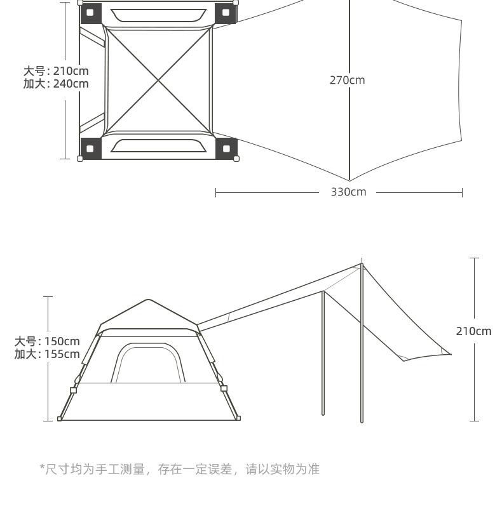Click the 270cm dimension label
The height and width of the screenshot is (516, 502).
click(347, 80)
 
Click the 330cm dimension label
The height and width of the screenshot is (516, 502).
click(348, 192)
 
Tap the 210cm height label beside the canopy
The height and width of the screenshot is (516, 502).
click(473, 331)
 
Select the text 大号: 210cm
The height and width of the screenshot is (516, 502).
click(56, 71)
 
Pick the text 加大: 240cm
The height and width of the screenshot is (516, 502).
click(56, 84)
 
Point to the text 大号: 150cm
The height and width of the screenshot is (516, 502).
click(47, 341)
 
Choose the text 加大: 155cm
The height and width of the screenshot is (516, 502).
click(47, 354)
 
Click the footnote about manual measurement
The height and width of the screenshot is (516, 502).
click(180, 469)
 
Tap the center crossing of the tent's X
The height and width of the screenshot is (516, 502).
click(158, 81)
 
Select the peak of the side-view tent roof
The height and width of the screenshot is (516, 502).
click(149, 300)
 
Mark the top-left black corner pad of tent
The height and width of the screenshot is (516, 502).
click(90, 13)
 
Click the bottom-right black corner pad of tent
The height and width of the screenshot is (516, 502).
click(226, 149)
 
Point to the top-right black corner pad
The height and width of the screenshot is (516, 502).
click(226, 13)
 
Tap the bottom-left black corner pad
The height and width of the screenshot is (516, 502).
click(90, 149)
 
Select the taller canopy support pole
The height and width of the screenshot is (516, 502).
click(362, 343)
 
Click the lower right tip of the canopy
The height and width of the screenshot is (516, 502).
click(450, 354)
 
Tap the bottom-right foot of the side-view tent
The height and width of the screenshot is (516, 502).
click(238, 418)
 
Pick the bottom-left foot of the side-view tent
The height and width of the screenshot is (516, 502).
click(60, 419)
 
